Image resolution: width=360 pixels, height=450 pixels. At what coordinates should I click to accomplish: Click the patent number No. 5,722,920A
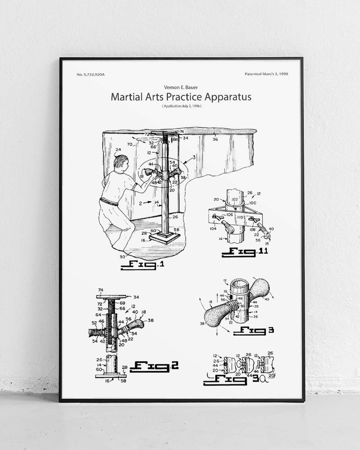click(x=90, y=74)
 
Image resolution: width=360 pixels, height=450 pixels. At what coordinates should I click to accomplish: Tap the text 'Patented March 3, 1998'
click(x=266, y=74)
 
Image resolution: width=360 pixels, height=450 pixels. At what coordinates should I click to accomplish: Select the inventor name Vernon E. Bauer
click(x=181, y=87)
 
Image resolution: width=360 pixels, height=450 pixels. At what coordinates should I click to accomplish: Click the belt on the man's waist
click(x=109, y=202)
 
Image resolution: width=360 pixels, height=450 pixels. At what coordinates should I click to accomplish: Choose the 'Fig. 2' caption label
click(x=154, y=366)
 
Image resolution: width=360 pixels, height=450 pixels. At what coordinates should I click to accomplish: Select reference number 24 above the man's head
click(x=118, y=150)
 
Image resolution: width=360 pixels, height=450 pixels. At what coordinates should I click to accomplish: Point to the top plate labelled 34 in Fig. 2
click(x=112, y=296)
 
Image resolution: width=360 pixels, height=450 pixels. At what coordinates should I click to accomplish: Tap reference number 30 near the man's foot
click(x=123, y=256)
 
